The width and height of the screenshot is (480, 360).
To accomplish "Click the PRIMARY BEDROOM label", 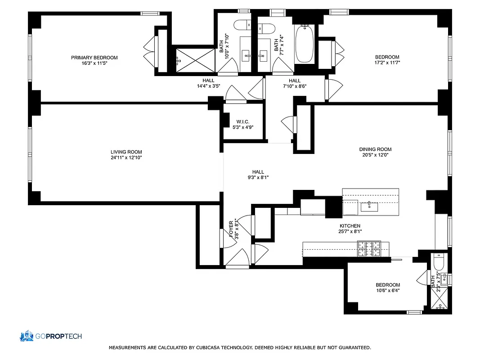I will (x=94, y=58).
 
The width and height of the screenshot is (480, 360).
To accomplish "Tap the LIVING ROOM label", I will (x=126, y=152).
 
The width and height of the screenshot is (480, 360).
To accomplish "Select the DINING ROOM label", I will (x=375, y=149).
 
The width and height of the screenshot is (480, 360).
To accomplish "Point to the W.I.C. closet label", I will (x=242, y=121).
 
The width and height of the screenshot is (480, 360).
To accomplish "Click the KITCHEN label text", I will (x=350, y=226).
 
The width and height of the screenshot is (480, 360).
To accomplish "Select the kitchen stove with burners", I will (x=368, y=248).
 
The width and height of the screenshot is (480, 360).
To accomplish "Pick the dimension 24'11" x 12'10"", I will (x=126, y=158).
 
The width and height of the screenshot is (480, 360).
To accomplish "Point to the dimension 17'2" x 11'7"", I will (x=387, y=63).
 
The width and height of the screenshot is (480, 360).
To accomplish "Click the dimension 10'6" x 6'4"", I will (x=387, y=291).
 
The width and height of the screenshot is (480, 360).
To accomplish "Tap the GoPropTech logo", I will (x=50, y=336).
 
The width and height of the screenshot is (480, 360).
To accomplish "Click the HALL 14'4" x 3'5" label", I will (x=208, y=83).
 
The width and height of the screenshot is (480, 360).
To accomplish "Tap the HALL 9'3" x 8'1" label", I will (x=258, y=175).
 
